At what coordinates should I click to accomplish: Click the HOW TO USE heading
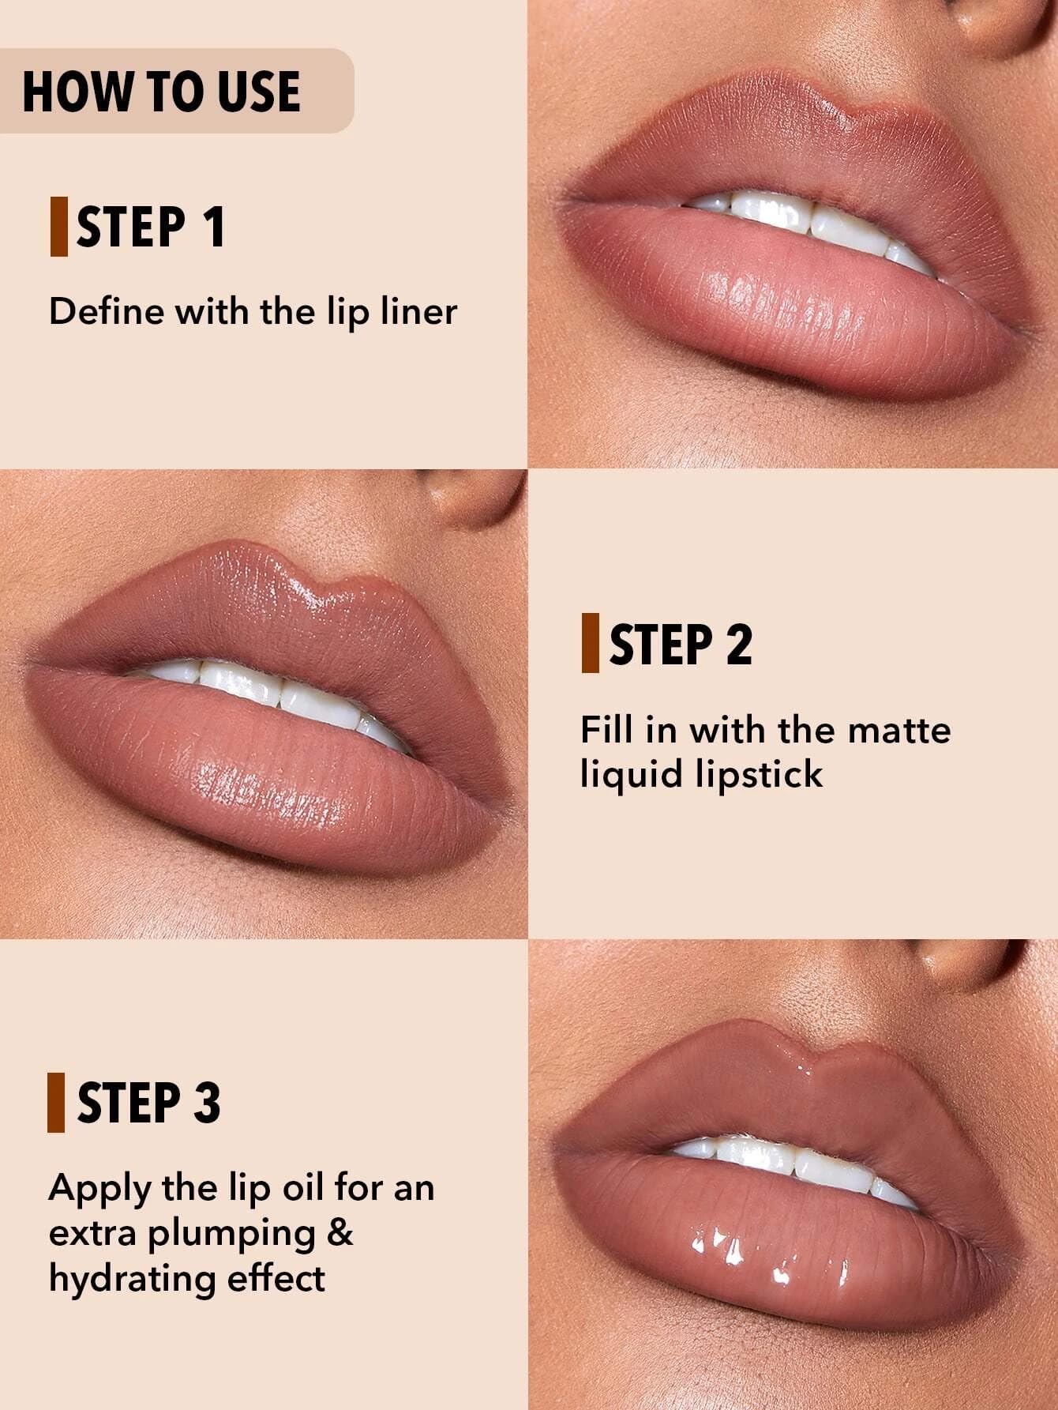point(162,91)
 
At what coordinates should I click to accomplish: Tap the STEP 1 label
point(151,227)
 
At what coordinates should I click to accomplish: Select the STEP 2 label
point(681,644)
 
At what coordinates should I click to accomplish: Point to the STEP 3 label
point(149,1102)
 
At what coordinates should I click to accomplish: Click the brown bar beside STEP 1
point(58,227)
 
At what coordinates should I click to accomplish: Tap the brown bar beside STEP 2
point(590,644)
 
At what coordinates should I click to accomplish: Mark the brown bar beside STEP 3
point(56,1102)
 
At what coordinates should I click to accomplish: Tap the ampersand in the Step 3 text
point(340,1232)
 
